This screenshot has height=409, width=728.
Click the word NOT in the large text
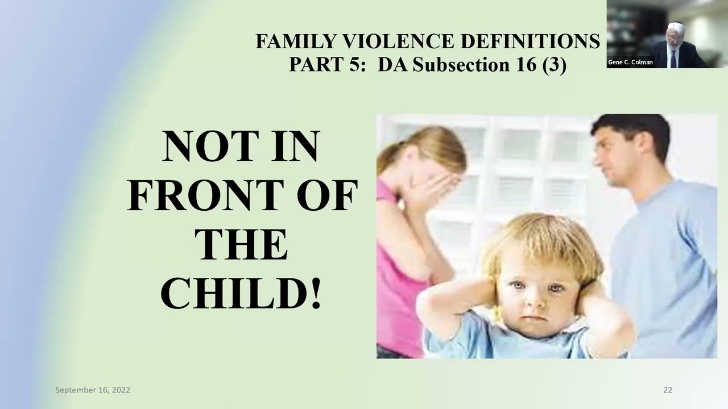click(x=197, y=147)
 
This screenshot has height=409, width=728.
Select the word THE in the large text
click(x=241, y=244)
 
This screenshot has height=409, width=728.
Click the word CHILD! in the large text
click(x=241, y=293)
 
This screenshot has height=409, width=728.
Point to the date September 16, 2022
click(x=93, y=390)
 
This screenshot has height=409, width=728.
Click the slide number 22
click(x=667, y=390)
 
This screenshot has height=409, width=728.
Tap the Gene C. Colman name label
click(x=631, y=62)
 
